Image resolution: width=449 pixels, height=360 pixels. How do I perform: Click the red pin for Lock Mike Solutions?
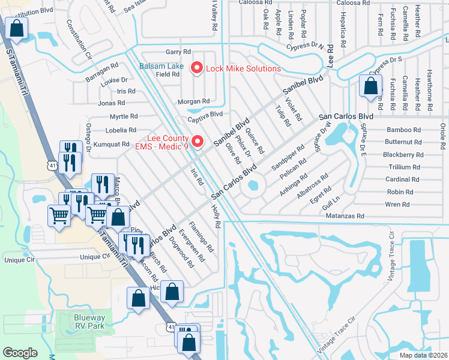[x=196, y=68]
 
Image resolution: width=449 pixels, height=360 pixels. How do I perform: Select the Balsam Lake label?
[x=162, y=66]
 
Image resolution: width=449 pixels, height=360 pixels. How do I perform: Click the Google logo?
[x=20, y=352]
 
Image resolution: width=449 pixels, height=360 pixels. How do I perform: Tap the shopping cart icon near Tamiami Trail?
[x=59, y=214]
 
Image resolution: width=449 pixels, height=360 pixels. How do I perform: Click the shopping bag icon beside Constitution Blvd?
[x=17, y=28]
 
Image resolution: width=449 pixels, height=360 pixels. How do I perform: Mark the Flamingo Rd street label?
[x=200, y=236]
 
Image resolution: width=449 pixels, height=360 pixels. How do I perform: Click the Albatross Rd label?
[x=316, y=185]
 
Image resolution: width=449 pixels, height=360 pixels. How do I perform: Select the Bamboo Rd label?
[x=403, y=130]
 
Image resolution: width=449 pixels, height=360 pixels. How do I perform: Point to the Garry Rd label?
[x=178, y=52]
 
